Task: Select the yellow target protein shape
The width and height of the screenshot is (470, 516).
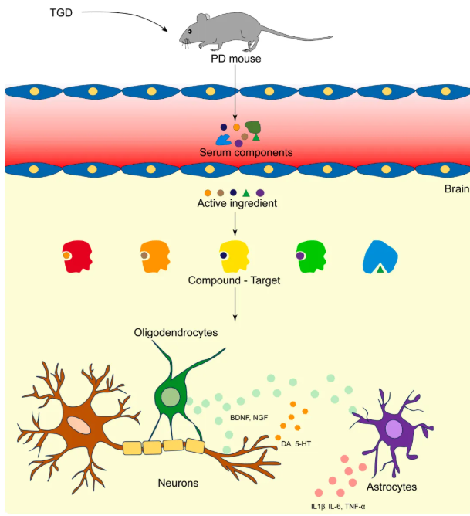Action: tap(234, 256)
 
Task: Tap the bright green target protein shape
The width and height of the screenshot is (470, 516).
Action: tap(310, 255)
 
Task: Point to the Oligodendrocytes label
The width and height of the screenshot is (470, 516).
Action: tap(174, 332)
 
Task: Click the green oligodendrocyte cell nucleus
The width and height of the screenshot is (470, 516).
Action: tap(171, 399)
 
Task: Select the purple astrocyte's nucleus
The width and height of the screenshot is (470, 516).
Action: tap(394, 429)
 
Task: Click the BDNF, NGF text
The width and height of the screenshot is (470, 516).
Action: tap(249, 418)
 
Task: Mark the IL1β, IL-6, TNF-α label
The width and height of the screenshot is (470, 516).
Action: tap(340, 506)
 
